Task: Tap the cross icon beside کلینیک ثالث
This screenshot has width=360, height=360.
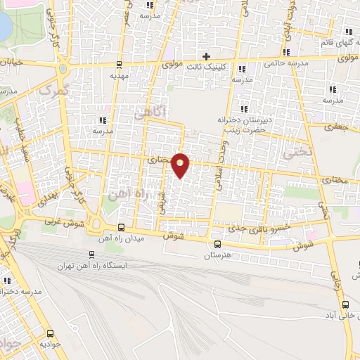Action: pos(207,56)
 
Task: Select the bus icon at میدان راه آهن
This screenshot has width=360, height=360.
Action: pos(122,227)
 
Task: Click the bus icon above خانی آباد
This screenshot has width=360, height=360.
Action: pos(345,304)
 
